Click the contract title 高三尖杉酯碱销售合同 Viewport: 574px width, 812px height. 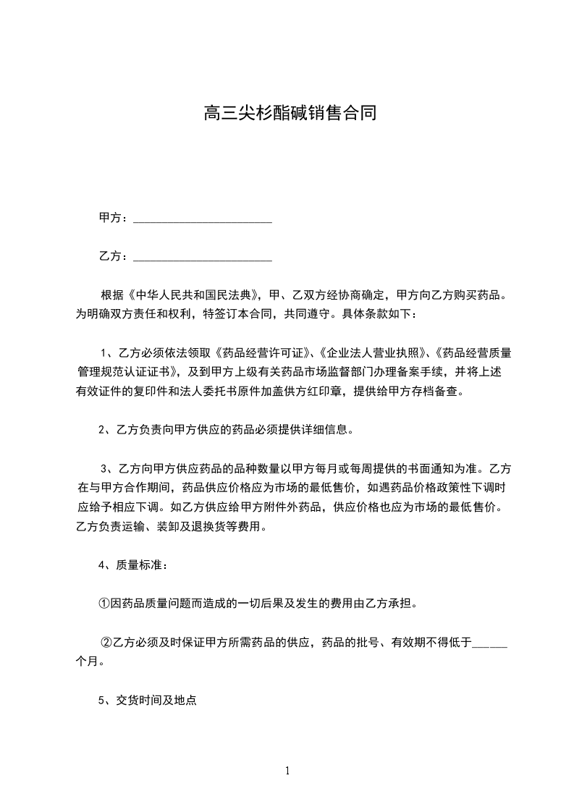pos(290,114)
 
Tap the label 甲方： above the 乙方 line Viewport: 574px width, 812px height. pos(114,218)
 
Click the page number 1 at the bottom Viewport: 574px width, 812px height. pos(287,771)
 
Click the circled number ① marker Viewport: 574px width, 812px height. pos(104,603)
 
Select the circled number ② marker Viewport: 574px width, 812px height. pos(106,641)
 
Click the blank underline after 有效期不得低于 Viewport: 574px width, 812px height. pos(489,642)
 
